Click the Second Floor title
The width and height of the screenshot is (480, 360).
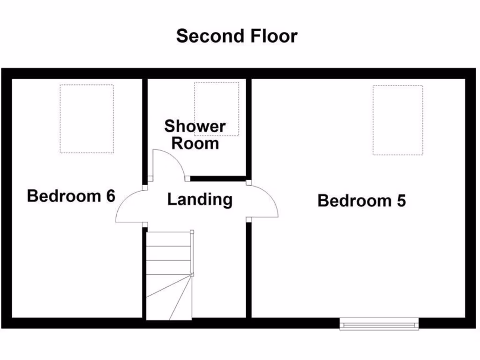tap(237, 36)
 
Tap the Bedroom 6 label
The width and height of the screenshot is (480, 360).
tap(71, 195)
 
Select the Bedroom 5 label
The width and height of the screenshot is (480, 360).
tap(361, 201)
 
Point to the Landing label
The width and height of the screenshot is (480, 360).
tap(200, 199)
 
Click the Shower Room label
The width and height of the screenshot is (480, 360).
tap(195, 135)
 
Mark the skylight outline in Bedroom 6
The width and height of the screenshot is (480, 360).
tap(87, 119)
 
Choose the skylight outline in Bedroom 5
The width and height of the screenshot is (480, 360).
tap(397, 120)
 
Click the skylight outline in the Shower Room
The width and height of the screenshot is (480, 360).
tap(217, 109)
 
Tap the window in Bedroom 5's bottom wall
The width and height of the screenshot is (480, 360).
tap(379, 323)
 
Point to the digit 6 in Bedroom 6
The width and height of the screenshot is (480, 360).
tap(110, 195)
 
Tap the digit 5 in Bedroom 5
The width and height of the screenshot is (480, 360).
tap(401, 201)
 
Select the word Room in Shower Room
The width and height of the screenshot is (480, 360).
tap(195, 143)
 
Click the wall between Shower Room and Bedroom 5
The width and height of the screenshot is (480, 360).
tap(248, 127)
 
